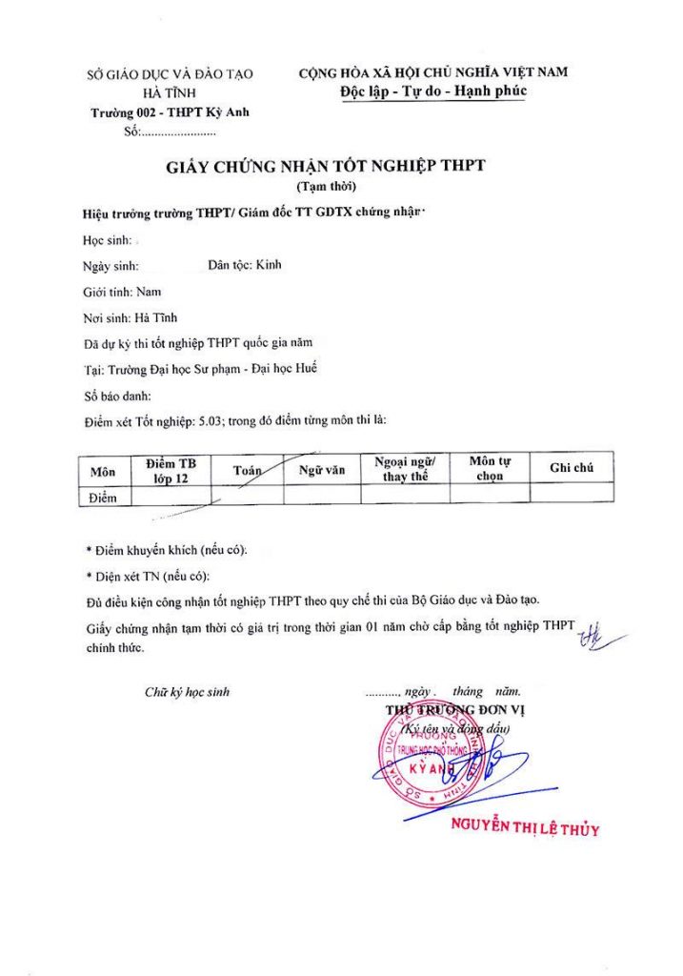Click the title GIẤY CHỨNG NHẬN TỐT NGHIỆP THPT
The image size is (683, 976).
click(x=326, y=166)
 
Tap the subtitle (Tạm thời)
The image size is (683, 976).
click(x=326, y=186)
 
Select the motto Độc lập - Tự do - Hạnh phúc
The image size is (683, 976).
click(x=432, y=91)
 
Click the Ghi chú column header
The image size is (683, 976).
click(x=572, y=467)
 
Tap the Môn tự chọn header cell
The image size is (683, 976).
click(x=490, y=468)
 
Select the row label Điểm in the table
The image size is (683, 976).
click(x=102, y=498)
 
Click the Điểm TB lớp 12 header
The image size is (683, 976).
click(x=171, y=470)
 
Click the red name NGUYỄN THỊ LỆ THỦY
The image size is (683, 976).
click(x=525, y=828)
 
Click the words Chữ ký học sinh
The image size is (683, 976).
click(x=187, y=692)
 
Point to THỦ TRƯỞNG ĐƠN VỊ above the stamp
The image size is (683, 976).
click(x=454, y=710)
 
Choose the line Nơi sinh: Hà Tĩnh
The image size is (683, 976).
click(x=130, y=318)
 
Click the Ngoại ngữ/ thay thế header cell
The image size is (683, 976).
click(x=405, y=467)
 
